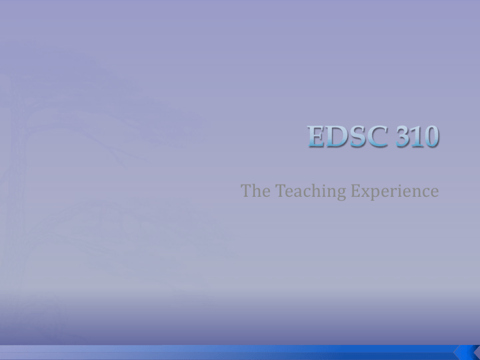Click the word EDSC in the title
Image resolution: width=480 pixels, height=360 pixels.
(347, 136)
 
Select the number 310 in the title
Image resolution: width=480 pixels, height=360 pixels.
(417, 136)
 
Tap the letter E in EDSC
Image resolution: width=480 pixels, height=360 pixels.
(316, 136)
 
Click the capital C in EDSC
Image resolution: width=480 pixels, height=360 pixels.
(376, 136)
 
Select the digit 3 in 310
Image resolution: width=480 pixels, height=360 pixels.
(402, 136)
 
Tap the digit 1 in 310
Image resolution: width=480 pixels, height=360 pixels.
(416, 136)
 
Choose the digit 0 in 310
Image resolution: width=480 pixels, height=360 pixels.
(431, 136)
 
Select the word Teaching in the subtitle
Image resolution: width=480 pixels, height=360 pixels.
(311, 192)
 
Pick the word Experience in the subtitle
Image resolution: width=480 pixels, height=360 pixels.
(395, 192)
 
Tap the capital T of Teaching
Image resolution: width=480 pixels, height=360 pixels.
(281, 191)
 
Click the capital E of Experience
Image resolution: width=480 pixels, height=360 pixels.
(356, 191)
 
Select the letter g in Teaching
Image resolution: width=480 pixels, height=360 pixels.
(341, 194)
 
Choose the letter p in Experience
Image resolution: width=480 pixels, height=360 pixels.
(376, 194)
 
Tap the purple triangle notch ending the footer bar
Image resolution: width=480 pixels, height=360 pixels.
(477, 352)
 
